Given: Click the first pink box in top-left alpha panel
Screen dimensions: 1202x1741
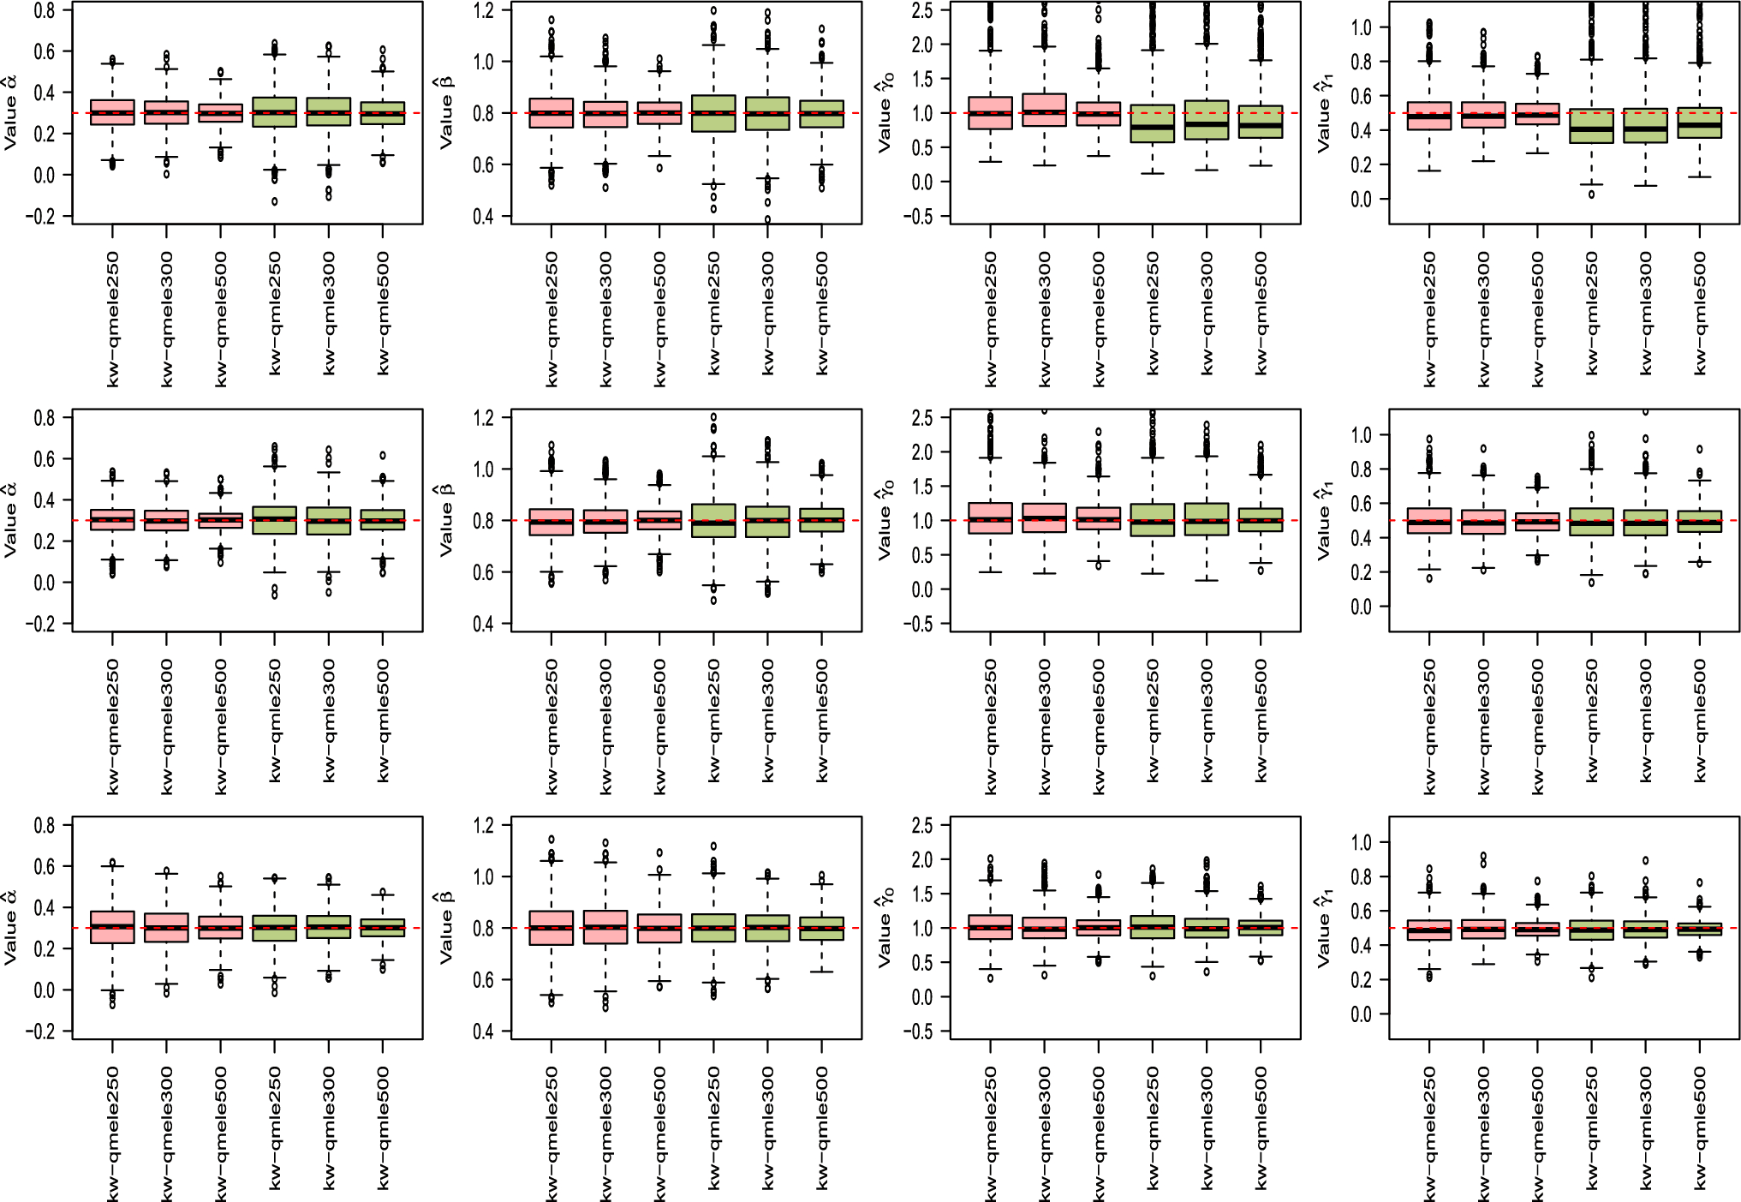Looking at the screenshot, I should [x=112, y=112].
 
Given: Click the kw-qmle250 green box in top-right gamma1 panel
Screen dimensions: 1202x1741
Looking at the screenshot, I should [x=1591, y=125].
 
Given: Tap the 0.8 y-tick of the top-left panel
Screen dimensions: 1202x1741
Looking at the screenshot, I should [x=45, y=10].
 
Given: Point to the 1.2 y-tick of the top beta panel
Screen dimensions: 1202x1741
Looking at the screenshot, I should [x=484, y=10].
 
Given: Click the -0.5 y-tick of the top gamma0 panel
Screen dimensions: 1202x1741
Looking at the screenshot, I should [x=921, y=217].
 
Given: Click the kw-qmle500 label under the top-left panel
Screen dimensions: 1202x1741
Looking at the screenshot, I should [x=383, y=313].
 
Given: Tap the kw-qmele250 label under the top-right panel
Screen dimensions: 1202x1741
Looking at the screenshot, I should [x=1429, y=319].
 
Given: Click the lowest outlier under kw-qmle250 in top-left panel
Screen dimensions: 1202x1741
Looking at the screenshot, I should [x=275, y=202].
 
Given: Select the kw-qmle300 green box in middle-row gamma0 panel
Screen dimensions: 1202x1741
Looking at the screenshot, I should [x=1207, y=519].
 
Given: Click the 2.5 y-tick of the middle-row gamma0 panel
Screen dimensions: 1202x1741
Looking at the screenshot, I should [x=922, y=418].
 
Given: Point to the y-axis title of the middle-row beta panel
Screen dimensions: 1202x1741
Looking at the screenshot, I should [x=446, y=519].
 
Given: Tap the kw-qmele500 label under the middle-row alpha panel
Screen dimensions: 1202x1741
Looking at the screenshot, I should [x=221, y=727].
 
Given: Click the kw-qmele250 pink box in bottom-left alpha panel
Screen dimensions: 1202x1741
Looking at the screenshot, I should [x=112, y=927].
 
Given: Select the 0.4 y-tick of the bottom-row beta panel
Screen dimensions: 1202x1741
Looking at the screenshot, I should [x=484, y=1032].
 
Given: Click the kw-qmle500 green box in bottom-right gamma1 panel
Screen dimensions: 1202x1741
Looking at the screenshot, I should [x=1700, y=929].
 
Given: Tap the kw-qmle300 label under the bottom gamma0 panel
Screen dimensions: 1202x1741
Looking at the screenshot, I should [x=1207, y=1127].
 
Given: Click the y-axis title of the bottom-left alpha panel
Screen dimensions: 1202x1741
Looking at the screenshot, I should [x=9, y=927].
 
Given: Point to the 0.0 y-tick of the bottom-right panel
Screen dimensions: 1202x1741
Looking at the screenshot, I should [x=1361, y=1014].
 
